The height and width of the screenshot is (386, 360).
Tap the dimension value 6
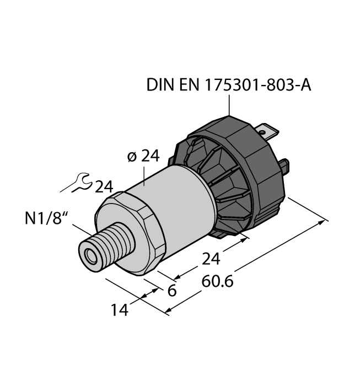click(x=172, y=291)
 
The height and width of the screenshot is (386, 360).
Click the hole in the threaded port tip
click(x=89, y=255)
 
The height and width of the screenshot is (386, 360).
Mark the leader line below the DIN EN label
click(x=228, y=105)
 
